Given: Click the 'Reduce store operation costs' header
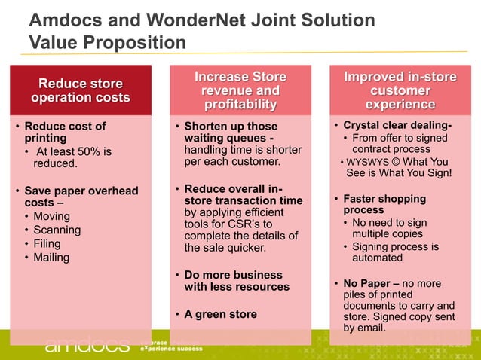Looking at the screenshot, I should (80, 90).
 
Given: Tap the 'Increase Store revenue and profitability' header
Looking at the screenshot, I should (240, 90).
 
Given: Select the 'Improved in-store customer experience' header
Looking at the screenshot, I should (400, 90).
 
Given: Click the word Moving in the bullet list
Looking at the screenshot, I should (52, 217).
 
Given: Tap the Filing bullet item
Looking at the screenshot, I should (47, 244).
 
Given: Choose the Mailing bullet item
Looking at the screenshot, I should (51, 258).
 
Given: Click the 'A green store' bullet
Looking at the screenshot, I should (220, 314).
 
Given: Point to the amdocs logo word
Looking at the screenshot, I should (87, 345).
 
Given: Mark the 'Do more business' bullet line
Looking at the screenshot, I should (233, 275).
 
